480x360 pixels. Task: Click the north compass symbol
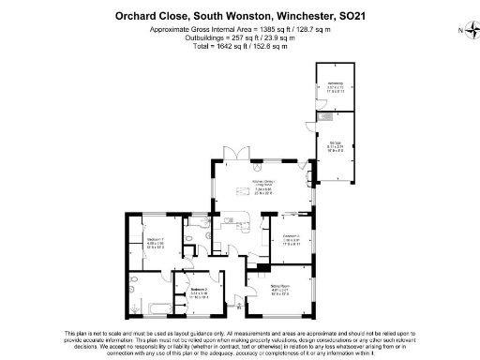point(466,31)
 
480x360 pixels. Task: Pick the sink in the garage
point(324,118)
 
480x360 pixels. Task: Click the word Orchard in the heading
point(135,15)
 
